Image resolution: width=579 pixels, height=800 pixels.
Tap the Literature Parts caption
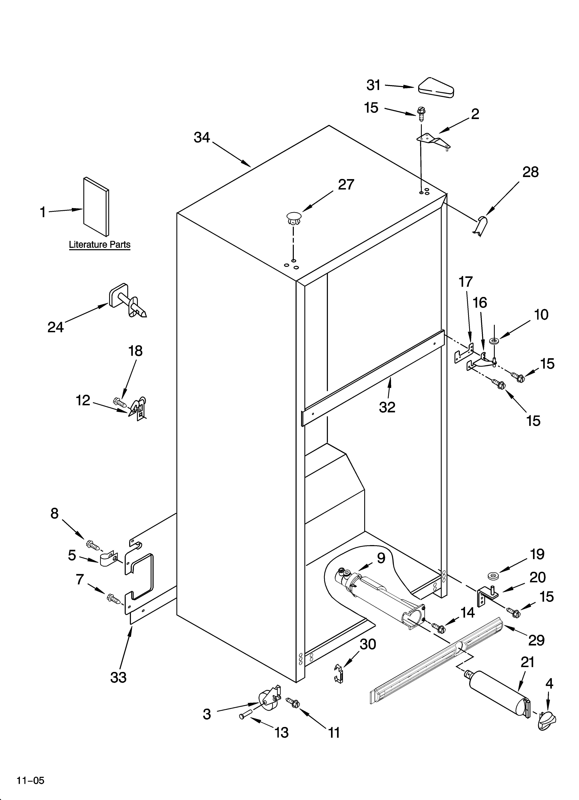click(99, 245)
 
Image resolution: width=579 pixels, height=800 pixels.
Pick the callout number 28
click(530, 172)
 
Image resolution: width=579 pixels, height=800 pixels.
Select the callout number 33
click(118, 677)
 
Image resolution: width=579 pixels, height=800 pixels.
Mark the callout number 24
click(56, 327)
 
